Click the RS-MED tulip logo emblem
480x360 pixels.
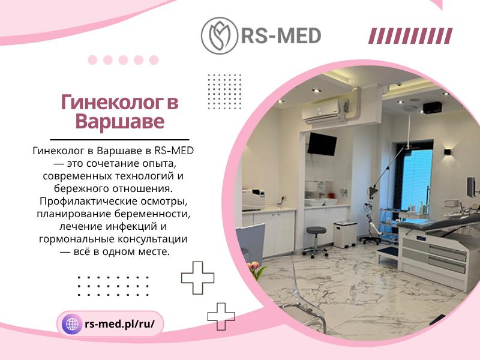click(219, 36)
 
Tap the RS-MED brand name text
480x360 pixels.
click(281, 36)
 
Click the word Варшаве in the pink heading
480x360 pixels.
click(119, 122)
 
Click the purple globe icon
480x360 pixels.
click(72, 324)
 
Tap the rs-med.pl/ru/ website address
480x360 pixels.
click(119, 324)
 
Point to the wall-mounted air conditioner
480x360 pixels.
click(325, 112)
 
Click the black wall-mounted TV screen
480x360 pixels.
click(322, 144)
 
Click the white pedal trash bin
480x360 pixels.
click(346, 235)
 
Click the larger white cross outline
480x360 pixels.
click(198, 278)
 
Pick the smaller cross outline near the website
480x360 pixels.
click(221, 317)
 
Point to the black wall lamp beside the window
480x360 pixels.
click(447, 152)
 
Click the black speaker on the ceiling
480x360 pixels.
click(433, 107)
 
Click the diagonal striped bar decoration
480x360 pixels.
click(410, 36)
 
